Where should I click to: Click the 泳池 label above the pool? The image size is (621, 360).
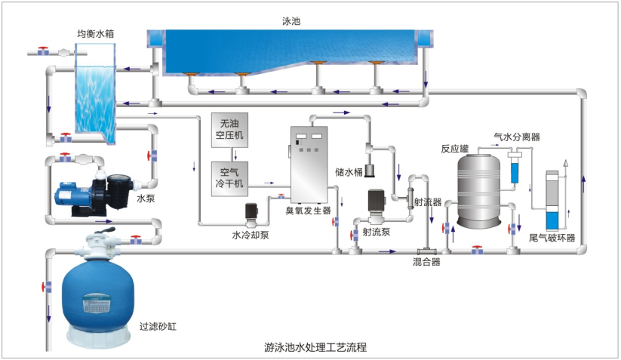pos(291,22)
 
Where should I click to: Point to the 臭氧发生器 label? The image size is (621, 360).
pos(308,211)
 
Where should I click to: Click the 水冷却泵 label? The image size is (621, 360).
pos(250,234)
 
